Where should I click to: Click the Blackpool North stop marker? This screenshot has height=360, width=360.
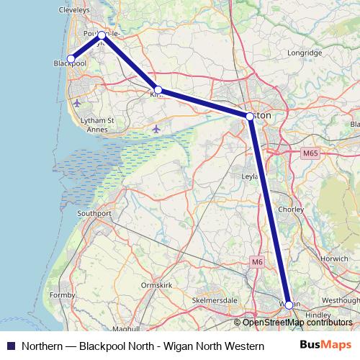[71, 59]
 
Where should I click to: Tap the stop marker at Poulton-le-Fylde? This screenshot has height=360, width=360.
[102, 35]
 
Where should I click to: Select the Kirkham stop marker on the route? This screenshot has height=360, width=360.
[158, 91]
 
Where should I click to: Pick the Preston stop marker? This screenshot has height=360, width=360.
[249, 116]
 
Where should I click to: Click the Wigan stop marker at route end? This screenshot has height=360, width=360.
[289, 305]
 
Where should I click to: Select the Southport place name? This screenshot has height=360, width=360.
[94, 214]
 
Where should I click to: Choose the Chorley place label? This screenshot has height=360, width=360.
[310, 210]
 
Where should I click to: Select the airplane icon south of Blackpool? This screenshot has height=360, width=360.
[77, 103]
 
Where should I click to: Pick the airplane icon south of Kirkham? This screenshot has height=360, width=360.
[156, 129]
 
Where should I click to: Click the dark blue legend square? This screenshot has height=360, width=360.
[10, 346]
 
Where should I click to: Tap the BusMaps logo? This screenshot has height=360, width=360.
[326, 346]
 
